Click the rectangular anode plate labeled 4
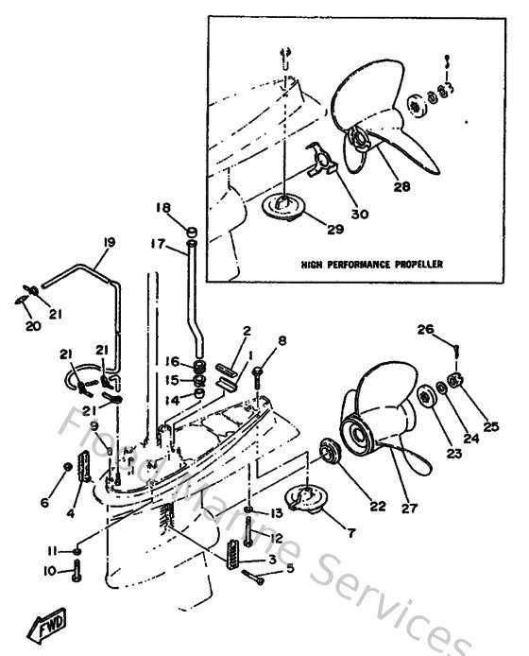[83, 468]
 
